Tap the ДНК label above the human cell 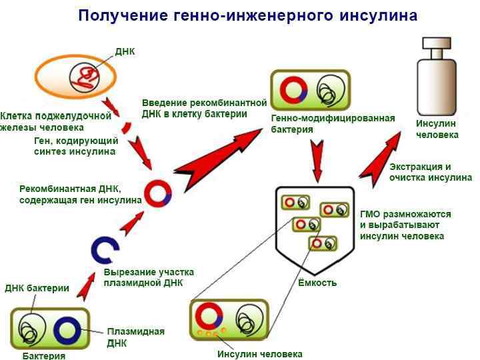(125, 51)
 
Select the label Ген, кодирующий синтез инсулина (76, 146)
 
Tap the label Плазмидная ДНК (135, 337)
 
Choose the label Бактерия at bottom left (44, 355)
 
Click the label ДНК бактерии (37, 289)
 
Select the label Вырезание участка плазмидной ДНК (149, 277)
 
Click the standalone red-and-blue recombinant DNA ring (159, 193)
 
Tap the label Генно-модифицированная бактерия (333, 123)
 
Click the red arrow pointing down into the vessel (317, 163)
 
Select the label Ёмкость (317, 283)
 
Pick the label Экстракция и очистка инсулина (431, 172)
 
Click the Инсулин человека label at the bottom (260, 354)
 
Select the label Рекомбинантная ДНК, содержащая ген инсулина (80, 194)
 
